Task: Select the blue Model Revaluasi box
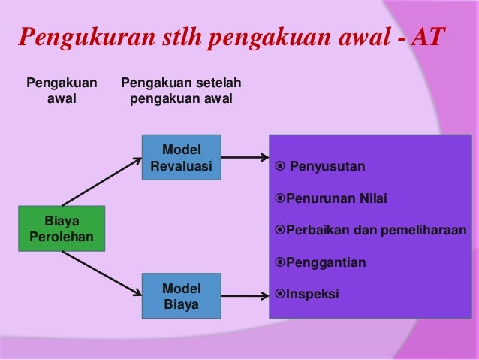click(181, 157)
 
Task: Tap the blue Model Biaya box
click(181, 296)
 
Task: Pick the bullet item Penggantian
click(321, 262)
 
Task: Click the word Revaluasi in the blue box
click(181, 165)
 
